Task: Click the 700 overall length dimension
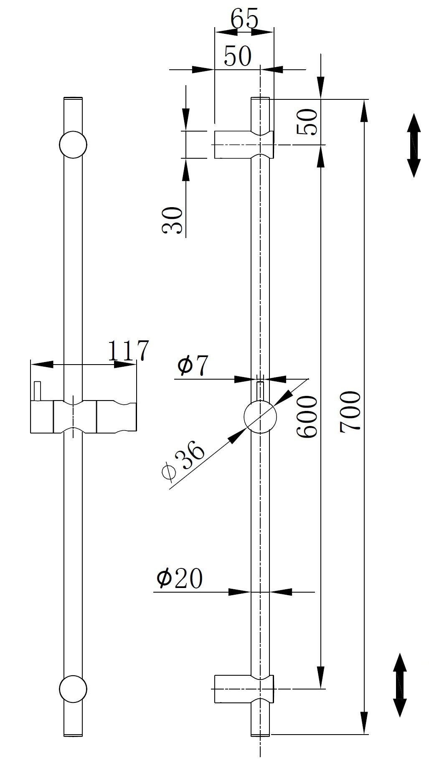(350, 411)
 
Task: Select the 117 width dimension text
(129, 351)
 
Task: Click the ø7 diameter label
(192, 366)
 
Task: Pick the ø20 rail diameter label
(180, 578)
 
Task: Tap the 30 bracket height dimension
(172, 220)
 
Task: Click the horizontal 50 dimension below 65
(238, 56)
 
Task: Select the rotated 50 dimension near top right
(307, 122)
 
